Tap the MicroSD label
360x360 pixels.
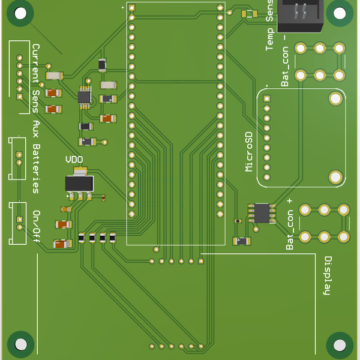(250, 152)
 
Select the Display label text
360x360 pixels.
(328, 276)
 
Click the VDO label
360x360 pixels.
(74, 160)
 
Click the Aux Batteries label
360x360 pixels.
(36, 160)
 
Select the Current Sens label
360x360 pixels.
(35, 79)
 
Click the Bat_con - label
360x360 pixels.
(284, 65)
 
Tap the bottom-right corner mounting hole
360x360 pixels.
(340, 345)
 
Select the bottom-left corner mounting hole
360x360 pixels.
(21, 344)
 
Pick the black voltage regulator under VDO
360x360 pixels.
(79, 183)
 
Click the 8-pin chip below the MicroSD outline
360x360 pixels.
(262, 213)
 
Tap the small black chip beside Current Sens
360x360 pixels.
(85, 96)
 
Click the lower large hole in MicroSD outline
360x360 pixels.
(335, 176)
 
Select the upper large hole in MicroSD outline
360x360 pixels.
(335, 98)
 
